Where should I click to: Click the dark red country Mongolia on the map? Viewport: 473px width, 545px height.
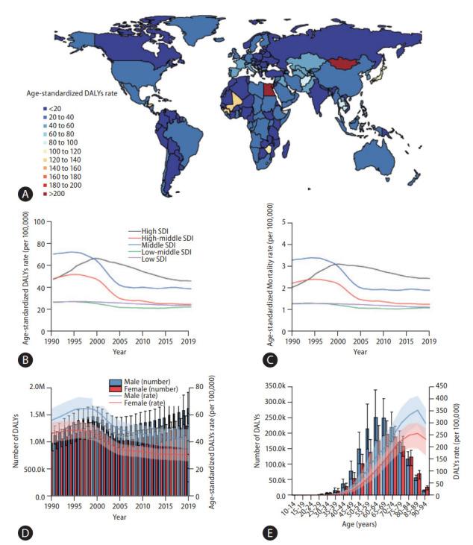click(360, 63)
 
